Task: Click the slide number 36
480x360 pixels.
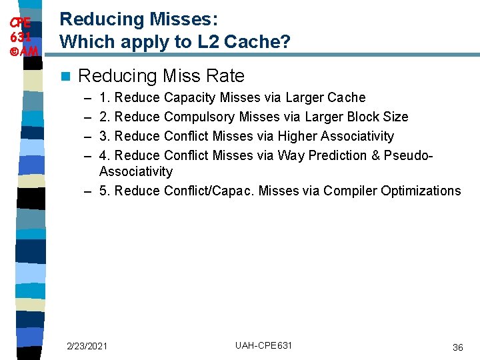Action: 458,347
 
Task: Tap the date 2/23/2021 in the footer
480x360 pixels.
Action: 87,345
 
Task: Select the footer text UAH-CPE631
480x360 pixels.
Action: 263,345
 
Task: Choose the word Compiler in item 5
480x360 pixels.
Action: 350,191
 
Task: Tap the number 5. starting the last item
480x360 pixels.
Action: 105,191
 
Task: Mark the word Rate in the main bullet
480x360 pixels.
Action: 226,76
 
